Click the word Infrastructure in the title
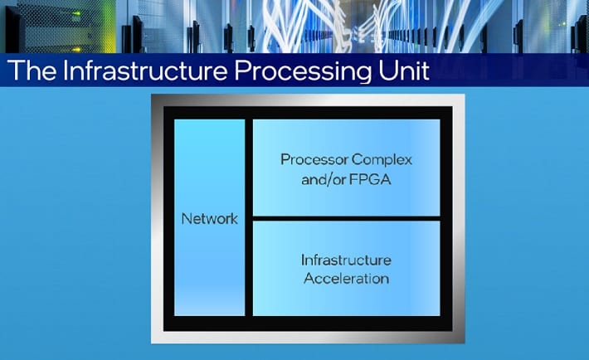coord(134,71)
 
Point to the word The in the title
coord(31,71)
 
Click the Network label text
coord(209,219)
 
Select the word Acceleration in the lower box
coord(346,278)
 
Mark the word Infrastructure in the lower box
coord(346,260)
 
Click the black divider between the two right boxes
coord(346,216)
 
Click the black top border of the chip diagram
coord(307,112)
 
